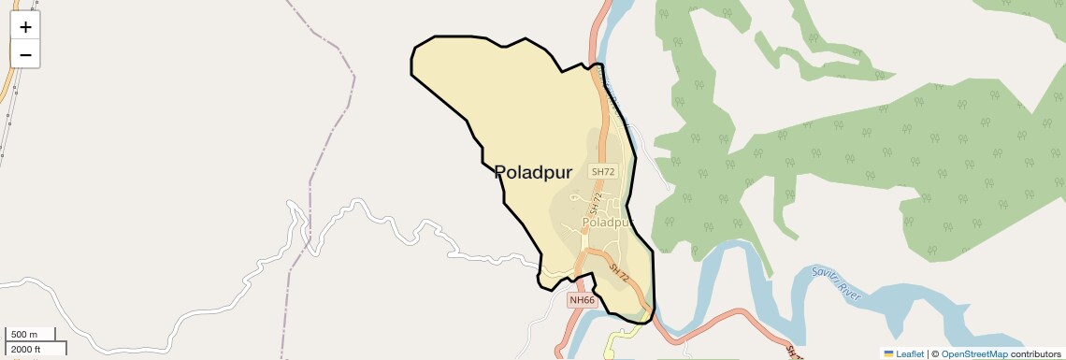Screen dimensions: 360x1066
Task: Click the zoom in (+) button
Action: (25, 27)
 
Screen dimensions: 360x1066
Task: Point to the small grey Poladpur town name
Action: (606, 223)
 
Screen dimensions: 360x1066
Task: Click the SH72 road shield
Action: (603, 172)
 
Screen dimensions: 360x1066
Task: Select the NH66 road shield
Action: (582, 300)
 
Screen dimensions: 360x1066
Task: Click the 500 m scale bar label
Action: (24, 335)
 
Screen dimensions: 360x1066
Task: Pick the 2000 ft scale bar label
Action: (25, 349)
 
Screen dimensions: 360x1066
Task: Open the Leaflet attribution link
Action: (910, 354)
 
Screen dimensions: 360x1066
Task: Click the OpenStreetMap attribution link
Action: (973, 354)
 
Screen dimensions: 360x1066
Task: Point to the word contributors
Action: (1036, 354)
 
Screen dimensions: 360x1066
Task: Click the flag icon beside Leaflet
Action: (889, 354)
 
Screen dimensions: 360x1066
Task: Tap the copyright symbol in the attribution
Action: (935, 354)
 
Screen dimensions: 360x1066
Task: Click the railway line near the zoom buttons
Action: (7, 112)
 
